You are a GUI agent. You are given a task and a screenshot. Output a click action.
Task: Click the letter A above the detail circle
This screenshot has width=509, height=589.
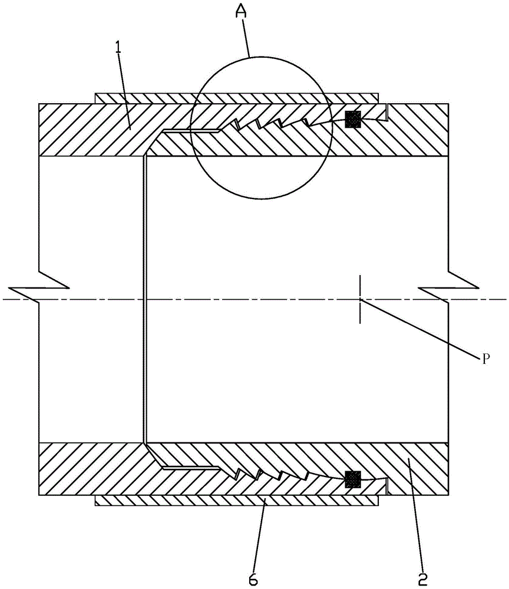241,12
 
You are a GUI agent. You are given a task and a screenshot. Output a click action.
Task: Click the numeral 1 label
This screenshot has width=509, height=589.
118,48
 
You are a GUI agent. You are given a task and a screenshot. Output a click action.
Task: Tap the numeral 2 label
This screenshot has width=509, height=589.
423,579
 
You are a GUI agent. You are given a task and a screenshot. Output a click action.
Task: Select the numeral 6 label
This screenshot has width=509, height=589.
253,579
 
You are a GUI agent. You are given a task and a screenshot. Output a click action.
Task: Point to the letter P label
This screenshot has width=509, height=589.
485,359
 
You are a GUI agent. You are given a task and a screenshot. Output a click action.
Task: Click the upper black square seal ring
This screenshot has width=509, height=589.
353,119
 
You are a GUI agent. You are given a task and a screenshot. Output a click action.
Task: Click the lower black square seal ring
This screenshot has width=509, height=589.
353,479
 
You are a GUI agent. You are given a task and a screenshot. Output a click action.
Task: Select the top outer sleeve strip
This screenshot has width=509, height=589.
237,98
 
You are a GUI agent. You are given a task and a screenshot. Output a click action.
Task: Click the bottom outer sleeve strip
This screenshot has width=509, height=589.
237,500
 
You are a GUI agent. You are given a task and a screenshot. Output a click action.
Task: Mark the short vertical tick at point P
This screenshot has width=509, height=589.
360,299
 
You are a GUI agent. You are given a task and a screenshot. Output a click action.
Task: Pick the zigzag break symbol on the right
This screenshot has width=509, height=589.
448,288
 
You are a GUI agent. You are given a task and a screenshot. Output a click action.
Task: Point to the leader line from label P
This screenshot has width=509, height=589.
421,327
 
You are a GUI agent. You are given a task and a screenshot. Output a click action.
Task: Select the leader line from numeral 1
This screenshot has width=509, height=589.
124,90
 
